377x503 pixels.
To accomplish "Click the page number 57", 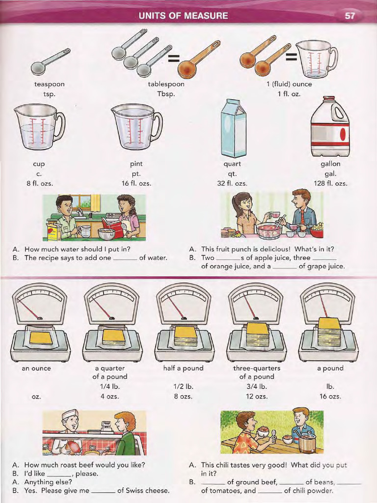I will coord(350,15).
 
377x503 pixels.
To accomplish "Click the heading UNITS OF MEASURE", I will coord(184,16).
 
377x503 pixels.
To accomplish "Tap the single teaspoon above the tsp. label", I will coord(49,61).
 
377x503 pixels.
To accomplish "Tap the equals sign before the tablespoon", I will coord(173,59).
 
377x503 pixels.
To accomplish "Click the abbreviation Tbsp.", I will coord(166,93).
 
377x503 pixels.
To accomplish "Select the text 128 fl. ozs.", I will coord(330,183).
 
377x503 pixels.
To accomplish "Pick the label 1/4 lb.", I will coord(109,386).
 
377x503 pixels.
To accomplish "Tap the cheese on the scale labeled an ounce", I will coord(41,337).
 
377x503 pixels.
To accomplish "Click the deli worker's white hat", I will coord(70,414).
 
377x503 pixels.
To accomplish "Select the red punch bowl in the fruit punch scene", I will coord(269,230).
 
